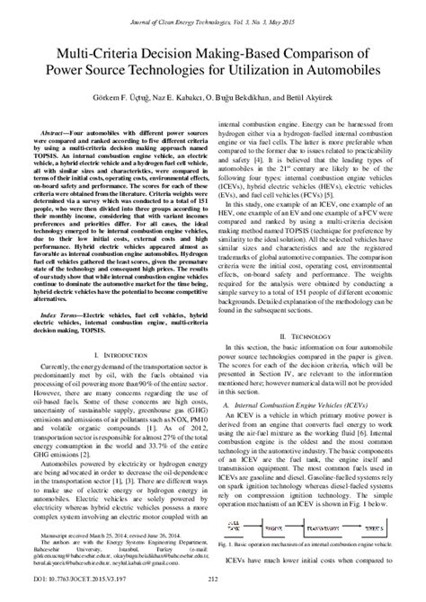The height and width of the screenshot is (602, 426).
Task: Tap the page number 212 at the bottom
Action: (213, 593)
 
